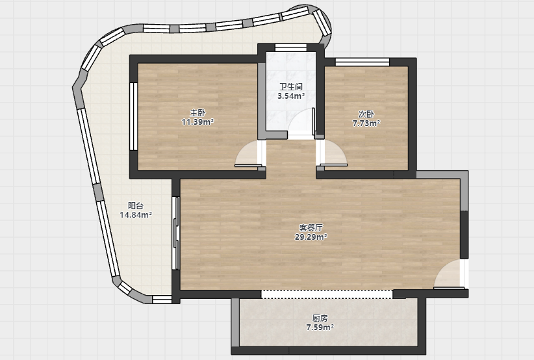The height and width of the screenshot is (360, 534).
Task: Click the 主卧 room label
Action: click(197, 112)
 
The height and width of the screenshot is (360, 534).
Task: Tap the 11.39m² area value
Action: click(197, 122)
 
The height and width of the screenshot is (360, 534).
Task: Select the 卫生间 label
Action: click(291, 87)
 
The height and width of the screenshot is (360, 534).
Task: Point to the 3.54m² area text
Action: click(291, 96)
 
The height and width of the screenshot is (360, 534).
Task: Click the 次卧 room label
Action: click(366, 114)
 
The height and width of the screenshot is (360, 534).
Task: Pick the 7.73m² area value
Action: click(366, 123)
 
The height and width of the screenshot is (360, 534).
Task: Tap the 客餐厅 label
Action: click(311, 227)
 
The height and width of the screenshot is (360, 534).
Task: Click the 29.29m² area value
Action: click(311, 237)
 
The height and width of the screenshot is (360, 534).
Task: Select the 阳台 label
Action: click(136, 206)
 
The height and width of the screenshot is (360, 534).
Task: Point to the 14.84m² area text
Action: click(136, 215)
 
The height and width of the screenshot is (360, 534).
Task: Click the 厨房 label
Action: click(320, 318)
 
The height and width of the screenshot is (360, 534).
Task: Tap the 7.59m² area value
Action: click(320, 328)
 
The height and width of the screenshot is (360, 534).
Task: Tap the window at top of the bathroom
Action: click(291, 47)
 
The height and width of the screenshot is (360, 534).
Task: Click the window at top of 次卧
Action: click(362, 62)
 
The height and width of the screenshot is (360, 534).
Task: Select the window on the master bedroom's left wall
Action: click(134, 116)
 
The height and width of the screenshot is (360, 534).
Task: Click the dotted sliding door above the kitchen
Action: click(327, 294)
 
